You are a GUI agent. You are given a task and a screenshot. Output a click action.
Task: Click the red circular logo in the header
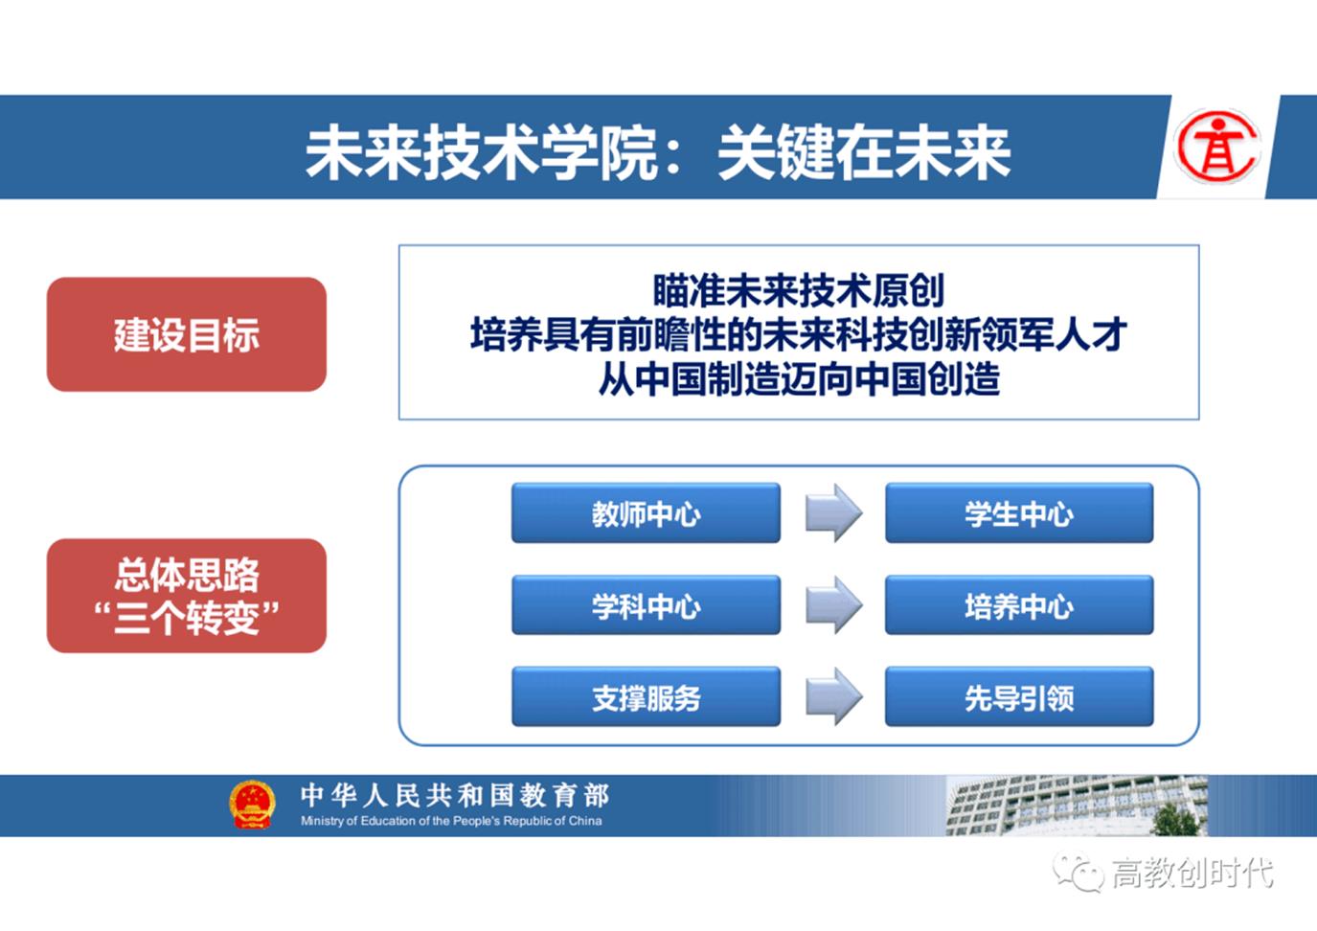pyautogui.click(x=1216, y=147)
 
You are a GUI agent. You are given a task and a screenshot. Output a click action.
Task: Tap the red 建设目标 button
pyautogui.click(x=187, y=334)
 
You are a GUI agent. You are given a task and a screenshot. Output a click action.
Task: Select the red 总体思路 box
pyautogui.click(x=187, y=596)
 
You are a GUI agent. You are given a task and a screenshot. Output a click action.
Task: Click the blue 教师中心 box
pyautogui.click(x=646, y=513)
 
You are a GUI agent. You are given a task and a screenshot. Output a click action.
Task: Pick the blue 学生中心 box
pyautogui.click(x=1018, y=513)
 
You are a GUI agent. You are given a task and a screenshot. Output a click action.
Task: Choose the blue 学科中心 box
pyautogui.click(x=646, y=605)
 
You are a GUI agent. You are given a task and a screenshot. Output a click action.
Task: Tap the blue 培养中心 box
pyautogui.click(x=1018, y=605)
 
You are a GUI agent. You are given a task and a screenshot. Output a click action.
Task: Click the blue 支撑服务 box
pyautogui.click(x=646, y=697)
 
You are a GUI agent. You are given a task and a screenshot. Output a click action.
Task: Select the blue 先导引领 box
pyautogui.click(x=1018, y=697)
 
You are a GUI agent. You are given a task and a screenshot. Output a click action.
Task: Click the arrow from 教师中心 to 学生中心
pyautogui.click(x=832, y=513)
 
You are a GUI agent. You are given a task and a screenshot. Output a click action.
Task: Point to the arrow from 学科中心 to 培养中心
pyautogui.click(x=832, y=605)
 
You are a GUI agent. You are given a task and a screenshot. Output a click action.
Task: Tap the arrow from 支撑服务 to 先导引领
pyautogui.click(x=832, y=696)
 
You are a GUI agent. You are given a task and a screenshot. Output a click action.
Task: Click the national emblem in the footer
pyautogui.click(x=253, y=805)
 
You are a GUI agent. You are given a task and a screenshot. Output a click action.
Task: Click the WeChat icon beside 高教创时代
pyautogui.click(x=1079, y=872)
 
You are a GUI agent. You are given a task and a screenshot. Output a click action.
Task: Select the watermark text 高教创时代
pyautogui.click(x=1192, y=873)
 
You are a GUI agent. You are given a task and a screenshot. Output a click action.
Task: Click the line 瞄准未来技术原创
pyautogui.click(x=798, y=289)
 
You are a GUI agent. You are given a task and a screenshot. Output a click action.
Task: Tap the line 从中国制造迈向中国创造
pyautogui.click(x=798, y=379)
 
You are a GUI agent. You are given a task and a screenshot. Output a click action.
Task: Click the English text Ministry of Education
pyautogui.click(x=451, y=821)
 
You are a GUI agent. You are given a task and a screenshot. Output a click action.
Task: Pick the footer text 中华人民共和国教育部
pyautogui.click(x=455, y=795)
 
